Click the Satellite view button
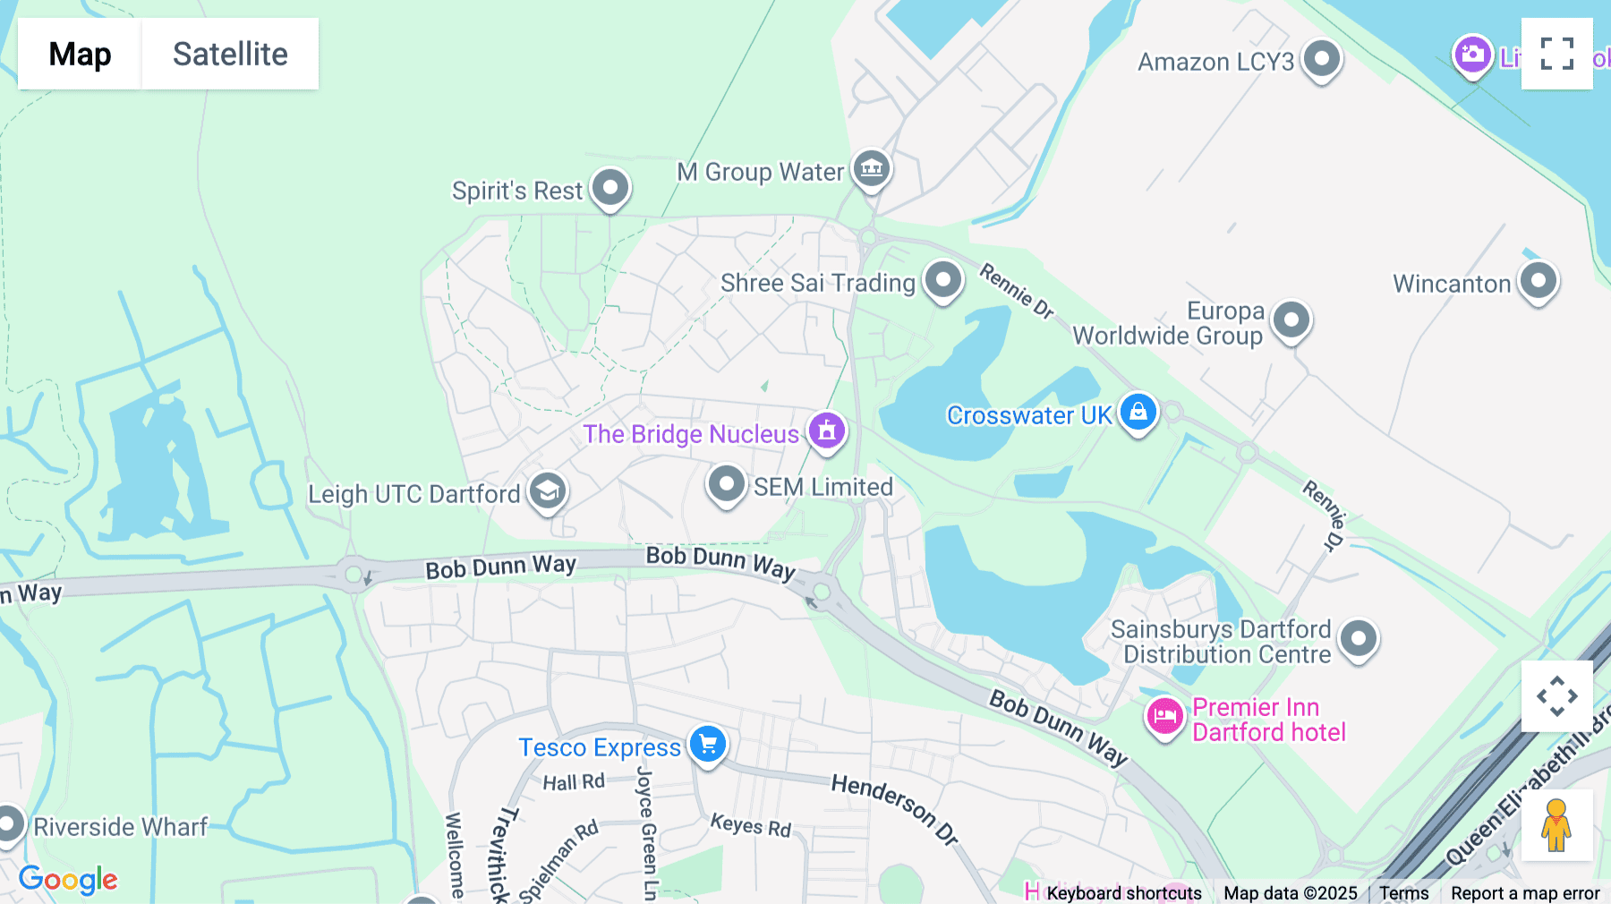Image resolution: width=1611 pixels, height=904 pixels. pos(230,54)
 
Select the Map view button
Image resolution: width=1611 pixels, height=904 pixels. pos(80,54)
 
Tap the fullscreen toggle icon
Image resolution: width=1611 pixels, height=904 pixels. pos(1556,54)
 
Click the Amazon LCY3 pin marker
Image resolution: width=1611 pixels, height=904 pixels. pos(1321,59)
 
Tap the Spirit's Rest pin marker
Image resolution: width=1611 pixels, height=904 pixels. pos(610,188)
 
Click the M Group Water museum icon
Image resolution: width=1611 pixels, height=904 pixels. pos(871,167)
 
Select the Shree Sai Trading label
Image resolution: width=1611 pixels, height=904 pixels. pos(817,283)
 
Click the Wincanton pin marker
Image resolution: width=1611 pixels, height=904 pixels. pos(1538,281)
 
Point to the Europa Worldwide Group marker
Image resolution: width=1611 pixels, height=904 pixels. pos(1291,320)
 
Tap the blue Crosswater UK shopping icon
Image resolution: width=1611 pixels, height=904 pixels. pos(1138,413)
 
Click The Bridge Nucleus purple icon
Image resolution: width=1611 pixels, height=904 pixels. pos(827,431)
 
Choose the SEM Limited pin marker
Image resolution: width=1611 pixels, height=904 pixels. pos(726,484)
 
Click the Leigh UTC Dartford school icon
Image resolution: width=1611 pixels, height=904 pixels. pos(547,490)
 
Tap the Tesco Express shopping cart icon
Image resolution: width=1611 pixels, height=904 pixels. pos(708,744)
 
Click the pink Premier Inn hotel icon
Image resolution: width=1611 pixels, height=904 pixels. pos(1164,716)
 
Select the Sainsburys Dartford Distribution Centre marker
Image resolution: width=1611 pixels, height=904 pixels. pos(1358,638)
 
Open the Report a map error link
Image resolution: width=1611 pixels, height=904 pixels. pos(1524,892)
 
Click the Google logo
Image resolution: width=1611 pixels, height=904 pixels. pos(68,879)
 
